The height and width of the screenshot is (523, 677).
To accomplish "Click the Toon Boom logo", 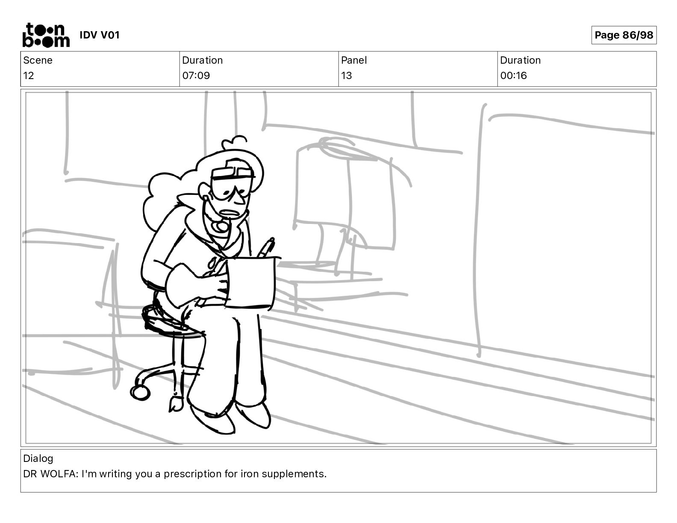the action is (x=46, y=35).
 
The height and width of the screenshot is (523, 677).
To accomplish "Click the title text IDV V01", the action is (x=100, y=35).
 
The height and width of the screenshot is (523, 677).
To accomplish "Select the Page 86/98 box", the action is (x=624, y=35).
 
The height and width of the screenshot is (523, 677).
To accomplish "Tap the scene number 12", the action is (x=29, y=76).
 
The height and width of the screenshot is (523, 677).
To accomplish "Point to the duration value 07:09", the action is (x=196, y=76).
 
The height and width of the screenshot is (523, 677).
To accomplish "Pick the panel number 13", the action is (x=346, y=76).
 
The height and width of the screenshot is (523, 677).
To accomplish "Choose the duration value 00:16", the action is (x=513, y=76).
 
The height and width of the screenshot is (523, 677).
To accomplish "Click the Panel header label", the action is (x=354, y=60).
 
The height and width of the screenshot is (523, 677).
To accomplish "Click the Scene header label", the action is (x=38, y=60).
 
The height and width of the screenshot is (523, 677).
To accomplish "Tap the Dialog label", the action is (x=38, y=458).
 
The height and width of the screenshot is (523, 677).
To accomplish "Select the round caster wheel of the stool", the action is (x=140, y=392).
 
